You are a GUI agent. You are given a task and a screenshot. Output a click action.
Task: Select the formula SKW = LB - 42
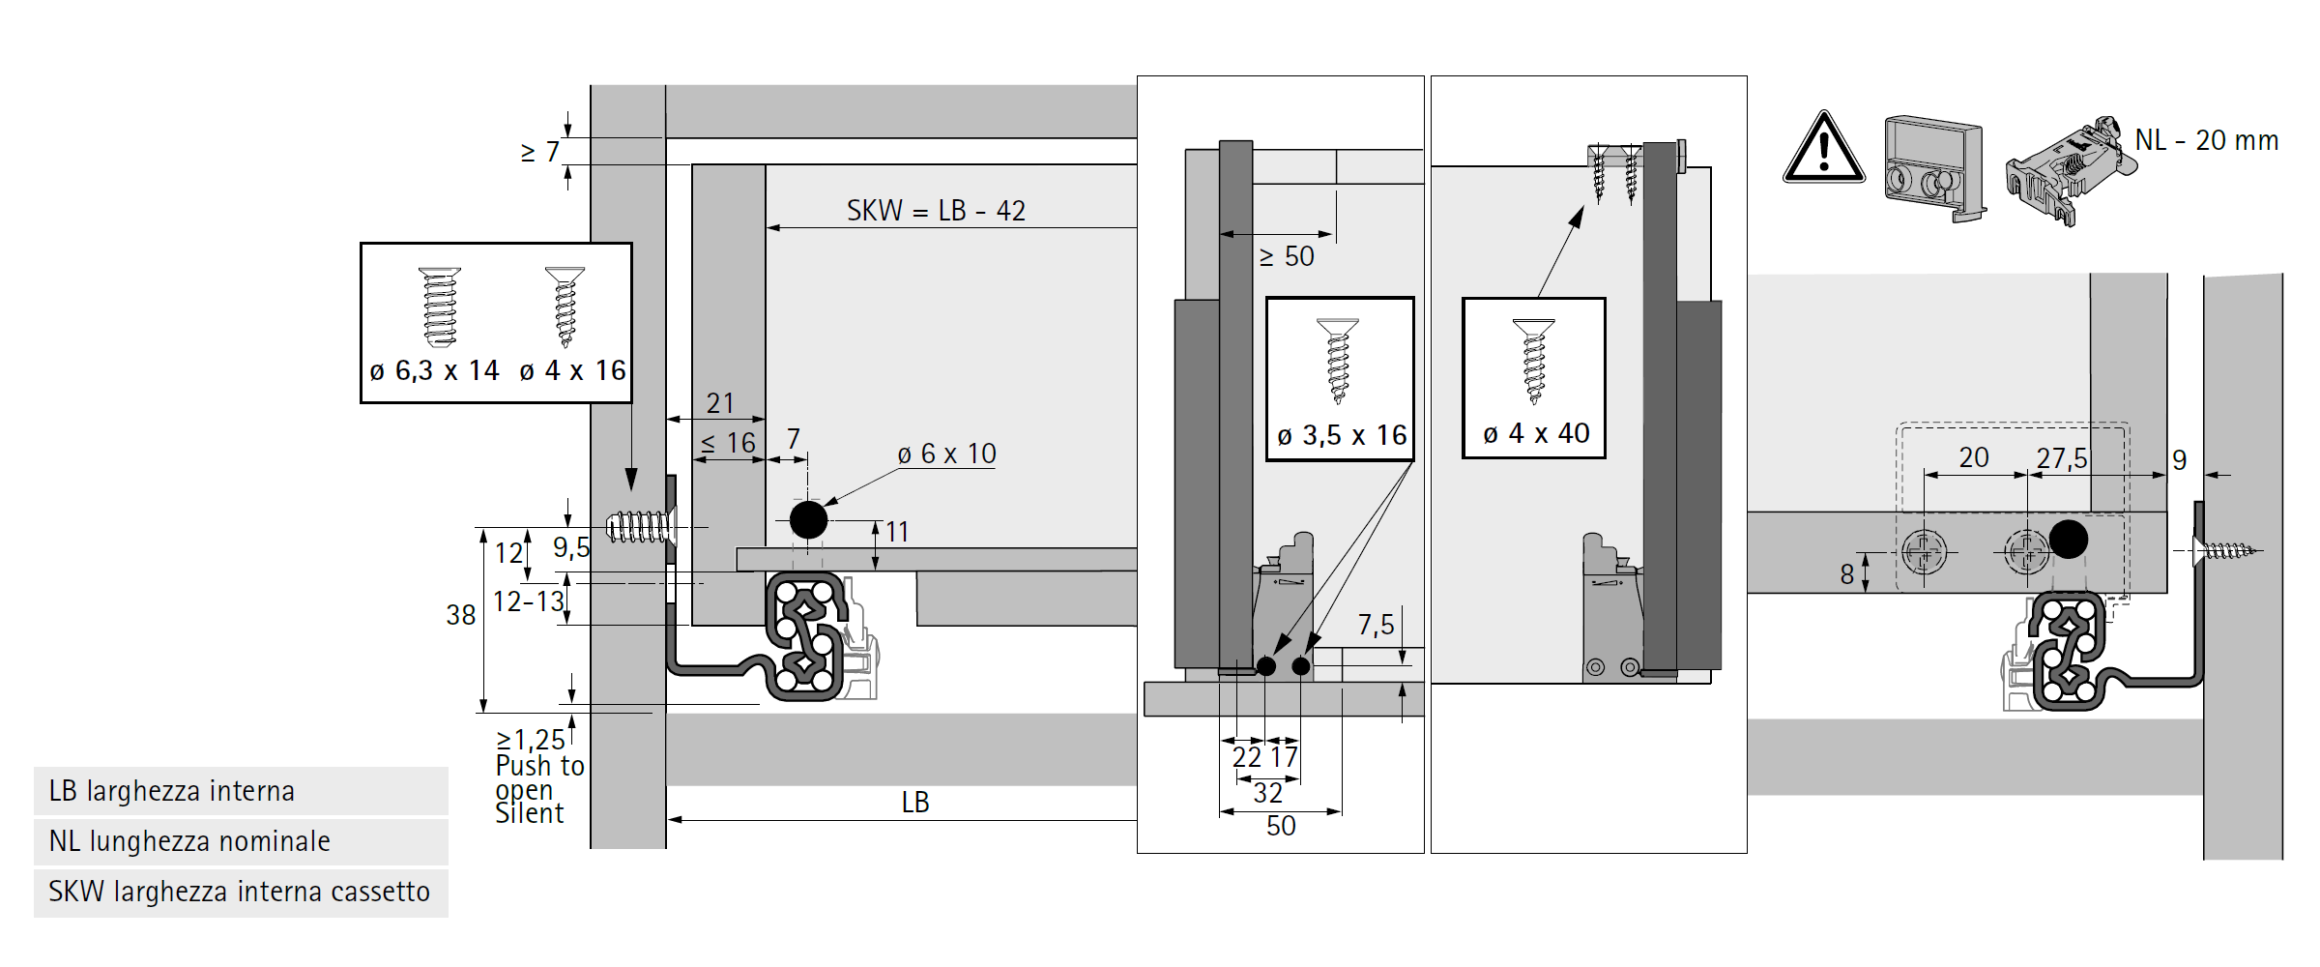[x=936, y=211]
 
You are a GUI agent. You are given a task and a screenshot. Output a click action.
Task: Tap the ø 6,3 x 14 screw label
[x=434, y=370]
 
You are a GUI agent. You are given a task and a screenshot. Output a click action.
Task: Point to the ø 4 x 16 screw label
[x=572, y=370]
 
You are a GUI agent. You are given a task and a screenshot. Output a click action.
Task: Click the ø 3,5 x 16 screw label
[x=1341, y=436]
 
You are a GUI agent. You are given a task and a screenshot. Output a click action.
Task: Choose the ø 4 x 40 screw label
[x=1536, y=434]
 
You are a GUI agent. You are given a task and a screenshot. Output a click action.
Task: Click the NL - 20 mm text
[x=2206, y=141]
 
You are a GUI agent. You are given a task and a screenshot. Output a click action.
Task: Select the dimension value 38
[x=461, y=615]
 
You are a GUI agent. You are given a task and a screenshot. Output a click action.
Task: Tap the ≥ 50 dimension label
[x=1287, y=257]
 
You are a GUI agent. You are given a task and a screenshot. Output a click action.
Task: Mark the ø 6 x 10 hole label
[x=946, y=454]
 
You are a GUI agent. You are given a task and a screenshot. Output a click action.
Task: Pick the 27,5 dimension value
[x=2061, y=458]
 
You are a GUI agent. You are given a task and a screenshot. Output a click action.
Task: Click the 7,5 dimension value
[x=1376, y=626]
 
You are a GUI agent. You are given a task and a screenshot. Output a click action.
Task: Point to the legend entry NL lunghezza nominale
[x=189, y=841]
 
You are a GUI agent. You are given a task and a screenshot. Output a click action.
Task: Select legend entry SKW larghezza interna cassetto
[x=239, y=892]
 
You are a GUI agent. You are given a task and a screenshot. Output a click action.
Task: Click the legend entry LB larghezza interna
[x=171, y=791]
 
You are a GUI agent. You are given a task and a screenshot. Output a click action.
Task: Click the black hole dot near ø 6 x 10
[x=808, y=519]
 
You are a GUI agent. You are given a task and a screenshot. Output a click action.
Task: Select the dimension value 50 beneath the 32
[x=1281, y=826]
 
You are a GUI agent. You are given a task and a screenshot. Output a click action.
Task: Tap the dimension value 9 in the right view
[x=2179, y=460]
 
